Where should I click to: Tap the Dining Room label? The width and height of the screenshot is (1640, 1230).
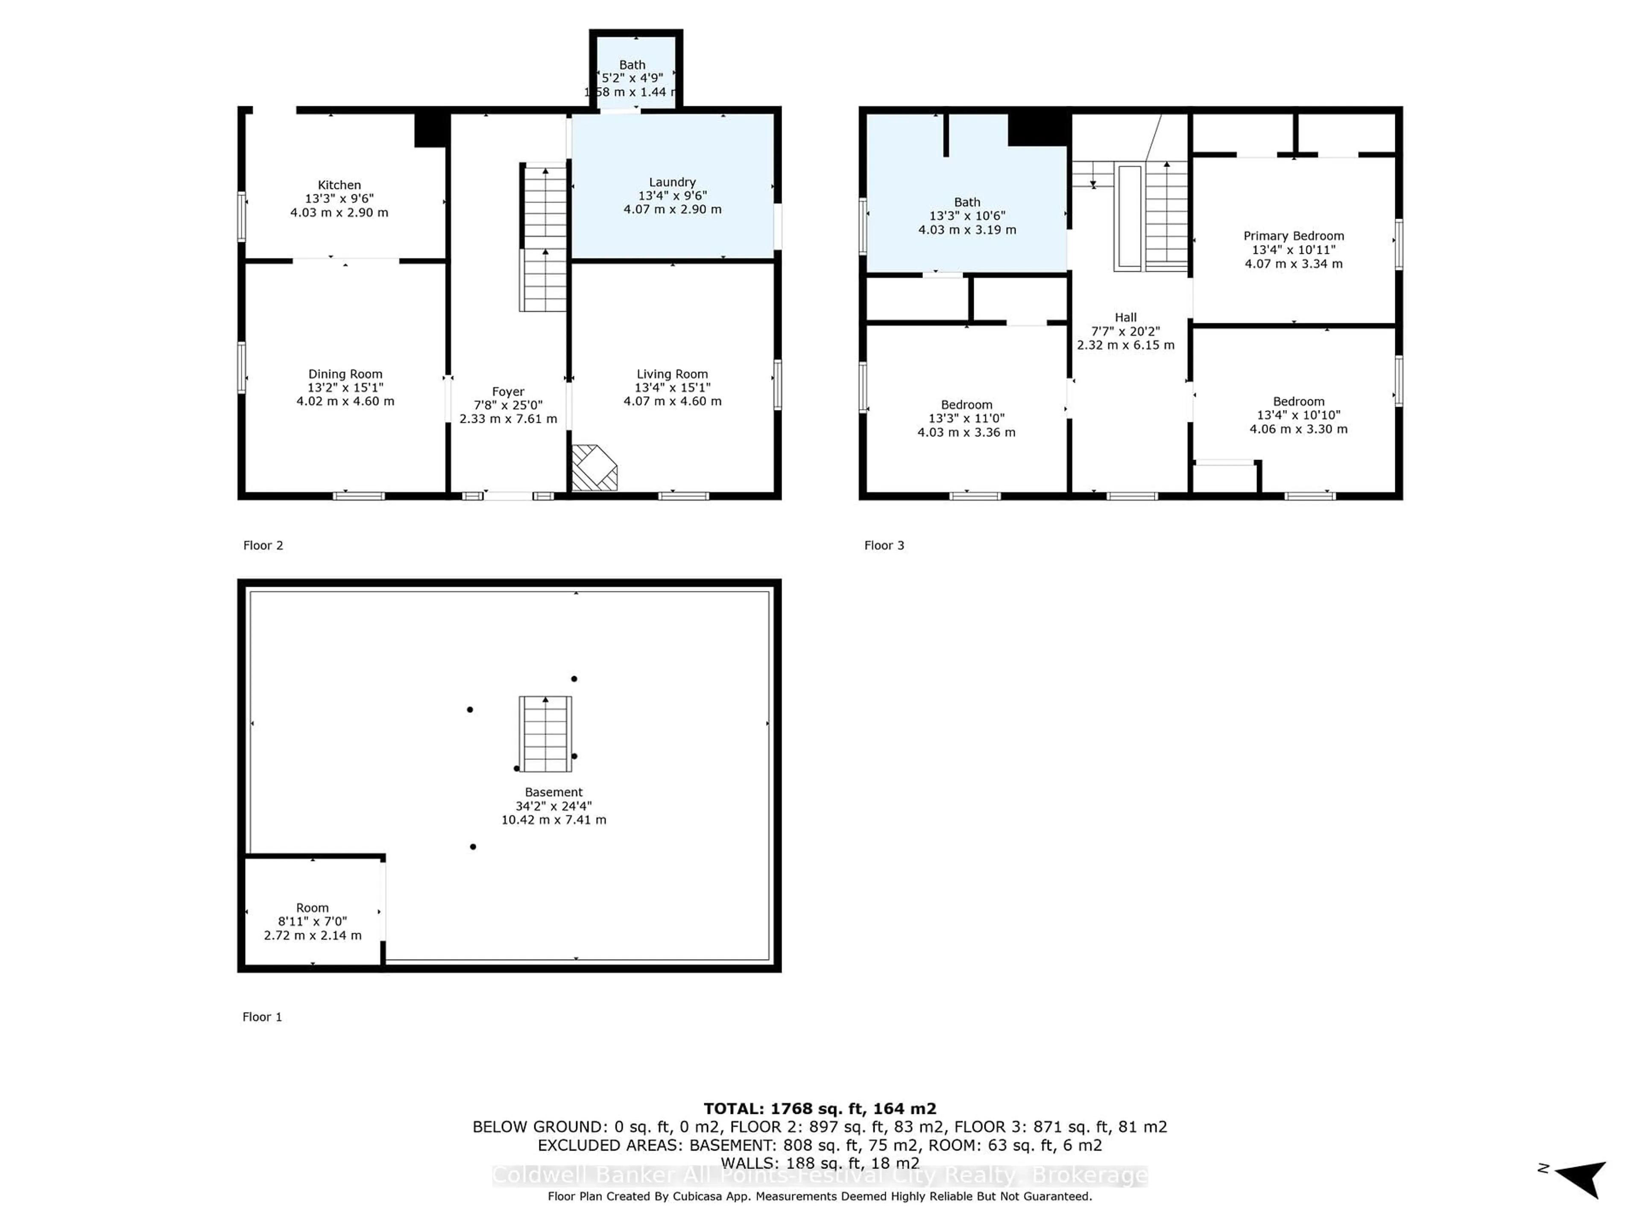tap(346, 375)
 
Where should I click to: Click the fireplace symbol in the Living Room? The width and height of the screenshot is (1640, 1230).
tap(593, 468)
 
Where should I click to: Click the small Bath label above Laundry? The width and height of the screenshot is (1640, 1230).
tap(633, 65)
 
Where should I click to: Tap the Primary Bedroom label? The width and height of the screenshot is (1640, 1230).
tap(1294, 236)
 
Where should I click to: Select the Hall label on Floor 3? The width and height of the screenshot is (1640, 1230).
tap(1125, 317)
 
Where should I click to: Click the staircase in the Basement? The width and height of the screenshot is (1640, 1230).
tap(545, 734)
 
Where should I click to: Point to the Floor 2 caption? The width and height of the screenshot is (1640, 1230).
tap(263, 546)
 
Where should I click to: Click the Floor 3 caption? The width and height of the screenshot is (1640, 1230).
tap(884, 546)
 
